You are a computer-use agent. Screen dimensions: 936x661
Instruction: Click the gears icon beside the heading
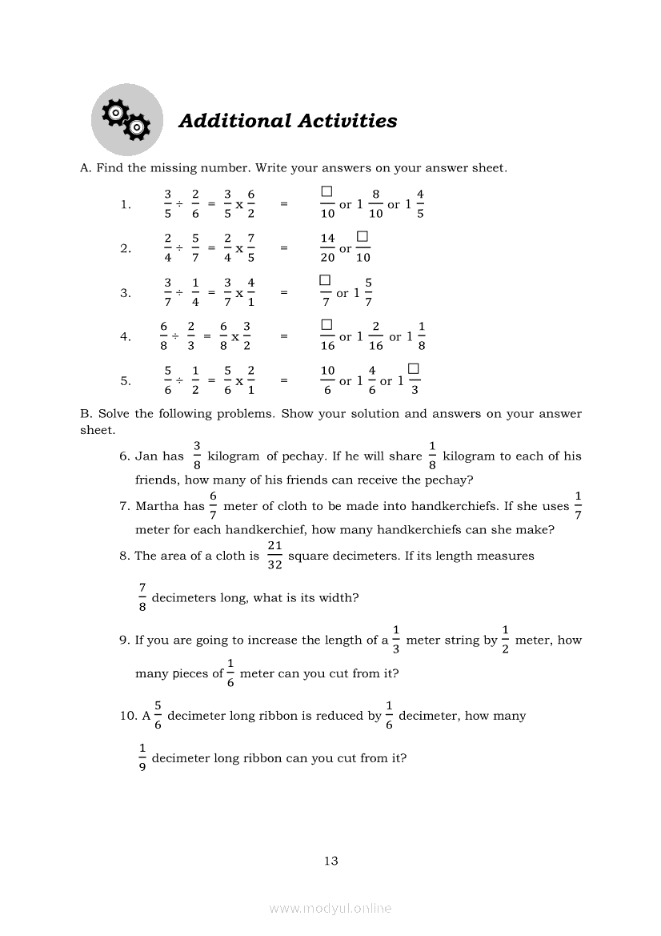click(127, 120)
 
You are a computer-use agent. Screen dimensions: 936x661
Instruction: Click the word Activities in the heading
click(347, 121)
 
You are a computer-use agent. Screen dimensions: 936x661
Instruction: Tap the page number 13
click(331, 861)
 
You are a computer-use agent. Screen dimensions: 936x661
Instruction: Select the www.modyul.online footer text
click(330, 908)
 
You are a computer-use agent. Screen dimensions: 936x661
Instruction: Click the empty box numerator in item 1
click(326, 192)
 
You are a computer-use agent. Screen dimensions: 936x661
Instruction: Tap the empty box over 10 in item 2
click(363, 237)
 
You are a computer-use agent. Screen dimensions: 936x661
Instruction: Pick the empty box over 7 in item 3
click(325, 280)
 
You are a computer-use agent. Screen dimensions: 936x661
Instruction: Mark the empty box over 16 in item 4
click(326, 324)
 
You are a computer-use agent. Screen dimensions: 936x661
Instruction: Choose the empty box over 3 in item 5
click(414, 368)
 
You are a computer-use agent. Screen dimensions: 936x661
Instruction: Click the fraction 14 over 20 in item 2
click(327, 248)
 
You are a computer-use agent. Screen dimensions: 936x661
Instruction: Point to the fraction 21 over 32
click(274, 556)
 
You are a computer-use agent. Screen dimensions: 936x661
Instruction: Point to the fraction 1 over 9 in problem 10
click(142, 758)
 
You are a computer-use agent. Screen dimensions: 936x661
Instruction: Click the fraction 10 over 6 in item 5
click(327, 380)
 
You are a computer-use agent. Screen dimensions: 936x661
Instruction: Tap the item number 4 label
click(126, 337)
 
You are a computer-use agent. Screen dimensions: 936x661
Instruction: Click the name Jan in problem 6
click(146, 456)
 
